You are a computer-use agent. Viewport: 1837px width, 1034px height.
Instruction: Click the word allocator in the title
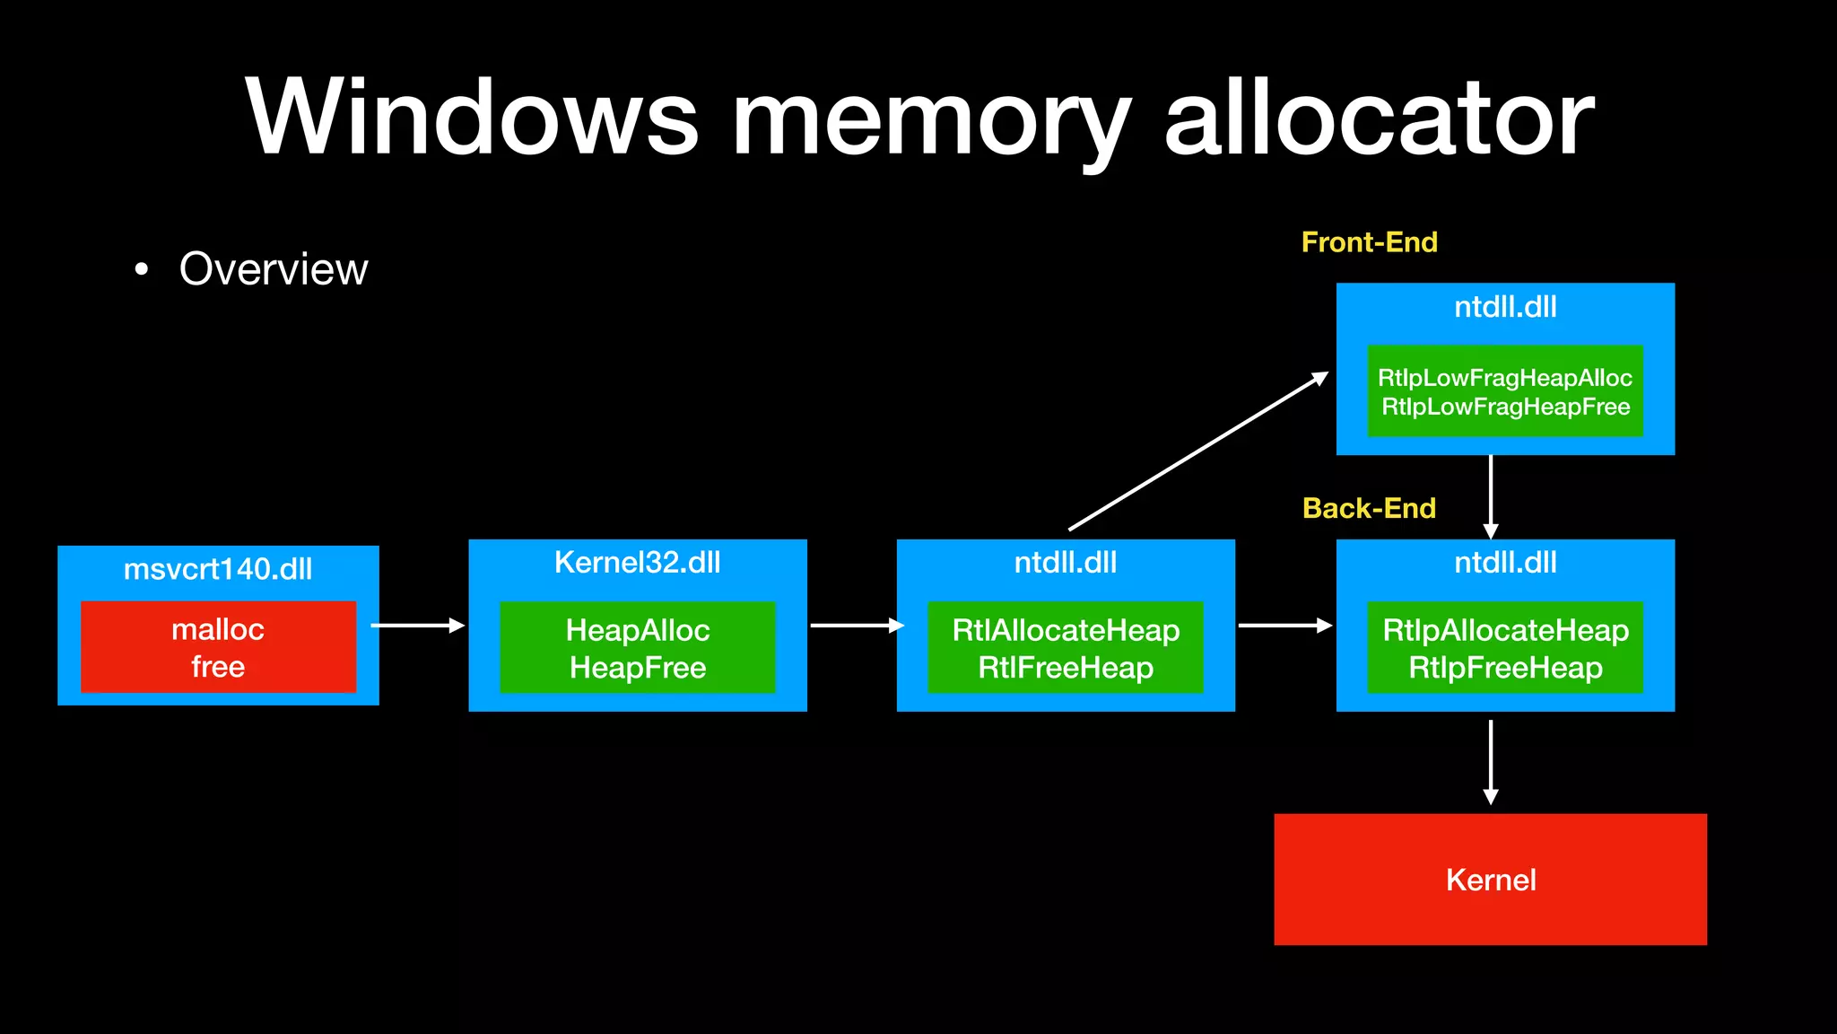tap(1379, 118)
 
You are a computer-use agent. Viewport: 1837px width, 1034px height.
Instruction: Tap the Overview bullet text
tap(274, 268)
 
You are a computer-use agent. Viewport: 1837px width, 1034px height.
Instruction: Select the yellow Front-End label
tap(1369, 242)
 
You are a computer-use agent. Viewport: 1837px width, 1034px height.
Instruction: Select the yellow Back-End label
tap(1369, 508)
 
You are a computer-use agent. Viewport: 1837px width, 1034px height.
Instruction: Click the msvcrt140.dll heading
tap(218, 569)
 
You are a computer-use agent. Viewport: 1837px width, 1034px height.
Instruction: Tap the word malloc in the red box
tap(218, 629)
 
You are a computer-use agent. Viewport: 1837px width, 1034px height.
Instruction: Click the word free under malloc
tap(218, 667)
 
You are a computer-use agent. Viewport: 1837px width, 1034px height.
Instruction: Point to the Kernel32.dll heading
tap(637, 563)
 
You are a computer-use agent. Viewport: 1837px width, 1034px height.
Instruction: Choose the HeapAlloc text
tap(637, 630)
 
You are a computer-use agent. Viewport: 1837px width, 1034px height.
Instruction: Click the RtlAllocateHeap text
tap(1066, 630)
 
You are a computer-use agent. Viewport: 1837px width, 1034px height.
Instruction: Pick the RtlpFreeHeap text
tap(1505, 668)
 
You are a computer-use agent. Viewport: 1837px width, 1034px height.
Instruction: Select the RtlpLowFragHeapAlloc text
tap(1504, 378)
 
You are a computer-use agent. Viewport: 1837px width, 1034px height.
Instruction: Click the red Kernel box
tap(1490, 879)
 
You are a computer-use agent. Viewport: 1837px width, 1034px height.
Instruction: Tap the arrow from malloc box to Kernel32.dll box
tap(417, 625)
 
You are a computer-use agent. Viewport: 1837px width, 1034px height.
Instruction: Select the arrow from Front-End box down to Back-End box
tap(1490, 495)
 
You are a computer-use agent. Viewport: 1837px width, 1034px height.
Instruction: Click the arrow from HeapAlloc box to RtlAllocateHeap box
tap(855, 625)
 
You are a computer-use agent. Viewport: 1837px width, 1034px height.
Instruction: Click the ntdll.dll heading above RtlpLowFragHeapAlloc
tap(1504, 307)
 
